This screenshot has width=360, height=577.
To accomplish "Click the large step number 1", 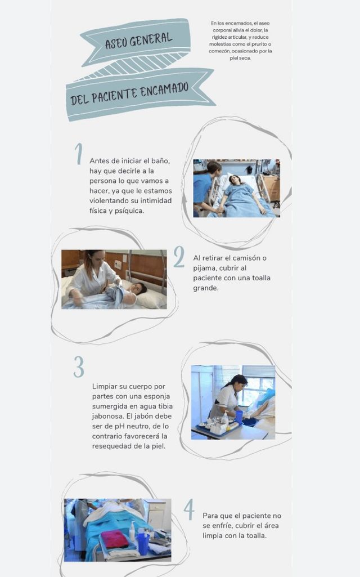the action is coord(79,154).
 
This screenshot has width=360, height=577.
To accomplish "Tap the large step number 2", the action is coord(179,257).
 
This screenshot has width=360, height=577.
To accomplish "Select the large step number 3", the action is coord(79,366).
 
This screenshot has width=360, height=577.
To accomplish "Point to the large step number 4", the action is coord(189,509).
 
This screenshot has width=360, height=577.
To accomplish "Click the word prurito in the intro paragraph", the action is coord(262,44).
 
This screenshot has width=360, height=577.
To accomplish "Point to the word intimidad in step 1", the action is coord(156,200).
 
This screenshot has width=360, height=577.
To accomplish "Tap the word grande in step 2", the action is coord(205,288).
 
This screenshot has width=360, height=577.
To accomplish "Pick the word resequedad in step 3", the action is coord(109,446).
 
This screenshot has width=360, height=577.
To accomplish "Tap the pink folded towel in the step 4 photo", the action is coord(114,539).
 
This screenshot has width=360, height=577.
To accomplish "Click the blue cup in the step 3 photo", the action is coord(239,417).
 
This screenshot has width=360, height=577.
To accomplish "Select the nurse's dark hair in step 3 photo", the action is coord(237,381).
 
